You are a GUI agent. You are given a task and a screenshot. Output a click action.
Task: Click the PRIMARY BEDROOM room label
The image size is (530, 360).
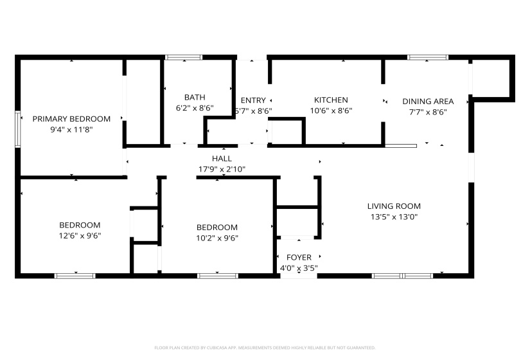pyautogui.click(x=71, y=119)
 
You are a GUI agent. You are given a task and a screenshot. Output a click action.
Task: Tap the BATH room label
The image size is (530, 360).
pyautogui.click(x=195, y=98)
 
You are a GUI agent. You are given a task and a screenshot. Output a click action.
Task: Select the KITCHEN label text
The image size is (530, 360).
pyautogui.click(x=331, y=100)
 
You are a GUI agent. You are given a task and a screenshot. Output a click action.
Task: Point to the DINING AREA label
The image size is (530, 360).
pyautogui.click(x=428, y=102)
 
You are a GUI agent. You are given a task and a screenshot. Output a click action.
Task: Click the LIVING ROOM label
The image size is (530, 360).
pyautogui.click(x=394, y=206)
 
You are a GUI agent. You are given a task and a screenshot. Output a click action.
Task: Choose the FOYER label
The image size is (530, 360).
pyautogui.click(x=299, y=258)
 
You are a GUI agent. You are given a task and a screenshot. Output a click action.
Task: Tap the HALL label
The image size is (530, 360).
pyautogui.click(x=222, y=159)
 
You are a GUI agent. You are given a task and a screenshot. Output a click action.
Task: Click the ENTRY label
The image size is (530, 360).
pyautogui.click(x=253, y=100)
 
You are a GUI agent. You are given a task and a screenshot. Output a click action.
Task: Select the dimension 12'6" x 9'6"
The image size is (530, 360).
pyautogui.click(x=80, y=235)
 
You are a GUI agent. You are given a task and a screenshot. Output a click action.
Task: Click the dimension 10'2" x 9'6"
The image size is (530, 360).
pyautogui.click(x=216, y=238)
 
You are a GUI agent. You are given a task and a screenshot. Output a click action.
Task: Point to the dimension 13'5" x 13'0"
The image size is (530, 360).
pyautogui.click(x=394, y=217)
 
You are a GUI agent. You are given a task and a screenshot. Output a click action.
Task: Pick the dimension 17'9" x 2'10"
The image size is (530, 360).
pyautogui.click(x=222, y=169)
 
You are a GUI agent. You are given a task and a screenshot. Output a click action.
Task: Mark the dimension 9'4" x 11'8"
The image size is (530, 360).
pyautogui.click(x=71, y=129)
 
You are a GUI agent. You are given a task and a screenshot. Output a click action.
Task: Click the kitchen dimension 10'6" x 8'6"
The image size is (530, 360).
pyautogui.click(x=331, y=111)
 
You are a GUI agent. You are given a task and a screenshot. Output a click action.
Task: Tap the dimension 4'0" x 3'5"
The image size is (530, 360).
pyautogui.click(x=299, y=268)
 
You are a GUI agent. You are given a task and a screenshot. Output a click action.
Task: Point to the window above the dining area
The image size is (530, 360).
pyautogui.click(x=428, y=58)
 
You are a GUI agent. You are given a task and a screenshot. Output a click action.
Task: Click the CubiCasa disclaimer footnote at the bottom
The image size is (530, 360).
pyautogui.click(x=265, y=348)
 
